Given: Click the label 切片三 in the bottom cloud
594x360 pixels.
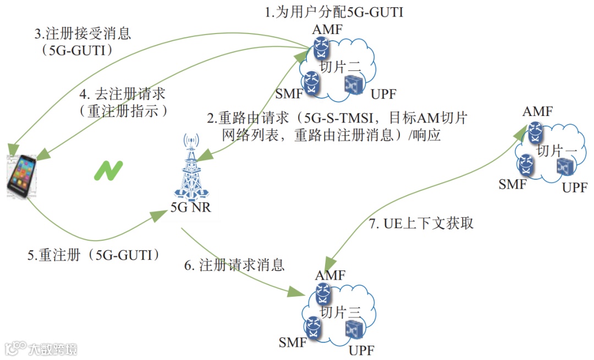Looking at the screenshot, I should [340, 312].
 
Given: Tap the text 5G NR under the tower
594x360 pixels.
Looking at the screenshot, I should [190, 208].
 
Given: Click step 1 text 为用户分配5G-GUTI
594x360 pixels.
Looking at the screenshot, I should [334, 12].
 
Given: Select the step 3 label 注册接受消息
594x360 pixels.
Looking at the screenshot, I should [83, 34].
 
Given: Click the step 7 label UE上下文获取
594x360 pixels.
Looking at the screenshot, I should [421, 223].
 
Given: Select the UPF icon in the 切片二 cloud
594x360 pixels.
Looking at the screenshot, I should [352, 84].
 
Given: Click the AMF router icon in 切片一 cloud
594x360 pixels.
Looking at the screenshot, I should [533, 130].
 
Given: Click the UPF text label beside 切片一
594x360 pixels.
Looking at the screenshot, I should [574, 189].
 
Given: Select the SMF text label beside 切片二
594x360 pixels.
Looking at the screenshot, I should [289, 93].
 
